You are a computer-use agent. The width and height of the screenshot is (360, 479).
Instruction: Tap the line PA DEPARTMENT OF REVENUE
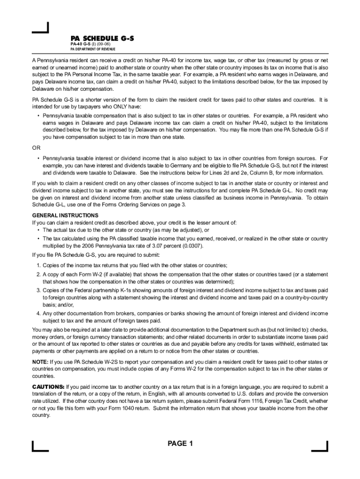93,49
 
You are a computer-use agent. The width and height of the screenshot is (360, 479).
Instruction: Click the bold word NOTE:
40,363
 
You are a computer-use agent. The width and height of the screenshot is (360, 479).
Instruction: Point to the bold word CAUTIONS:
48,387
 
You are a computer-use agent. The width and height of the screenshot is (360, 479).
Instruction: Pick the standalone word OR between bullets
36,148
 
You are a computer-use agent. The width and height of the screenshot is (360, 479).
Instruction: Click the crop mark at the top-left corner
41,29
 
